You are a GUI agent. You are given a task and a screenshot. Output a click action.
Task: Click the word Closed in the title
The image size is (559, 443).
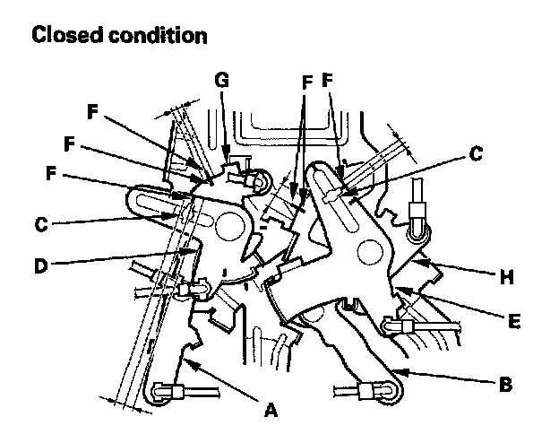[65, 36]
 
